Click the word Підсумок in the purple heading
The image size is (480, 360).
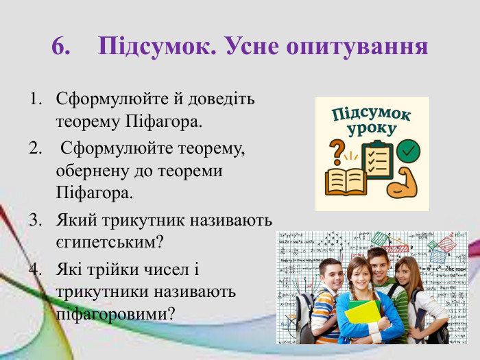[x=151, y=46]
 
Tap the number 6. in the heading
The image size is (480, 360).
[x=61, y=46]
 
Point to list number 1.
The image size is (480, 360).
[x=34, y=99]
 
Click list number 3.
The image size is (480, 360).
[x=34, y=220]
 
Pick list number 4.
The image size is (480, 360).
[x=34, y=268]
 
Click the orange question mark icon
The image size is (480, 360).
[x=337, y=150]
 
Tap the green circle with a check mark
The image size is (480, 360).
[x=409, y=150]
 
